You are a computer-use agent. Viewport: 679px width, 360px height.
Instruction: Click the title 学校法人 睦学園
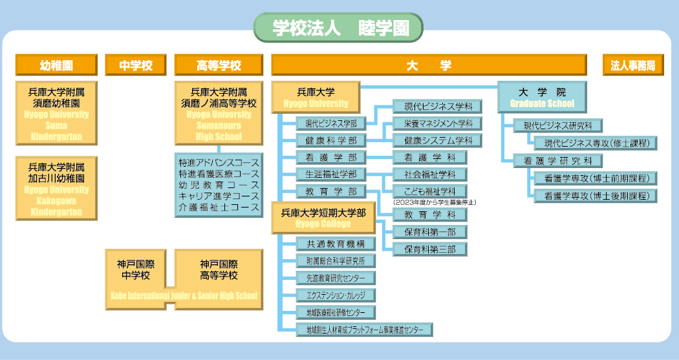[338, 28]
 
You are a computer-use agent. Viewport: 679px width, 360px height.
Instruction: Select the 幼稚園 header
[56, 65]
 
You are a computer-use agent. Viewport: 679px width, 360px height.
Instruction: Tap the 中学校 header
[136, 65]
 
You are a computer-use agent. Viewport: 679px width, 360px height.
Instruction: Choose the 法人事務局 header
[633, 65]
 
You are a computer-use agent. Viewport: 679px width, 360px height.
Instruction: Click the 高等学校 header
[219, 65]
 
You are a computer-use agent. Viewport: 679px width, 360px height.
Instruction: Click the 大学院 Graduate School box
[542, 98]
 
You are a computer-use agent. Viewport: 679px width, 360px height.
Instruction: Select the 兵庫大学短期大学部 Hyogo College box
[323, 217]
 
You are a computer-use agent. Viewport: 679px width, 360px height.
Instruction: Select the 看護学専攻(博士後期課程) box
[596, 196]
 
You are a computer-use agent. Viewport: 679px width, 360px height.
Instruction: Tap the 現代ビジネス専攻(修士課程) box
[596, 143]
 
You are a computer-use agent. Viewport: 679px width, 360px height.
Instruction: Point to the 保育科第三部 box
[429, 249]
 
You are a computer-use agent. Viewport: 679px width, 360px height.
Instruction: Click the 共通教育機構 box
[336, 244]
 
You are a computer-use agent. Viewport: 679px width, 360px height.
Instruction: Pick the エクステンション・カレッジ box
[336, 295]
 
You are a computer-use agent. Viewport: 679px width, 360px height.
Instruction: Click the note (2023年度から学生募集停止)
[435, 202]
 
